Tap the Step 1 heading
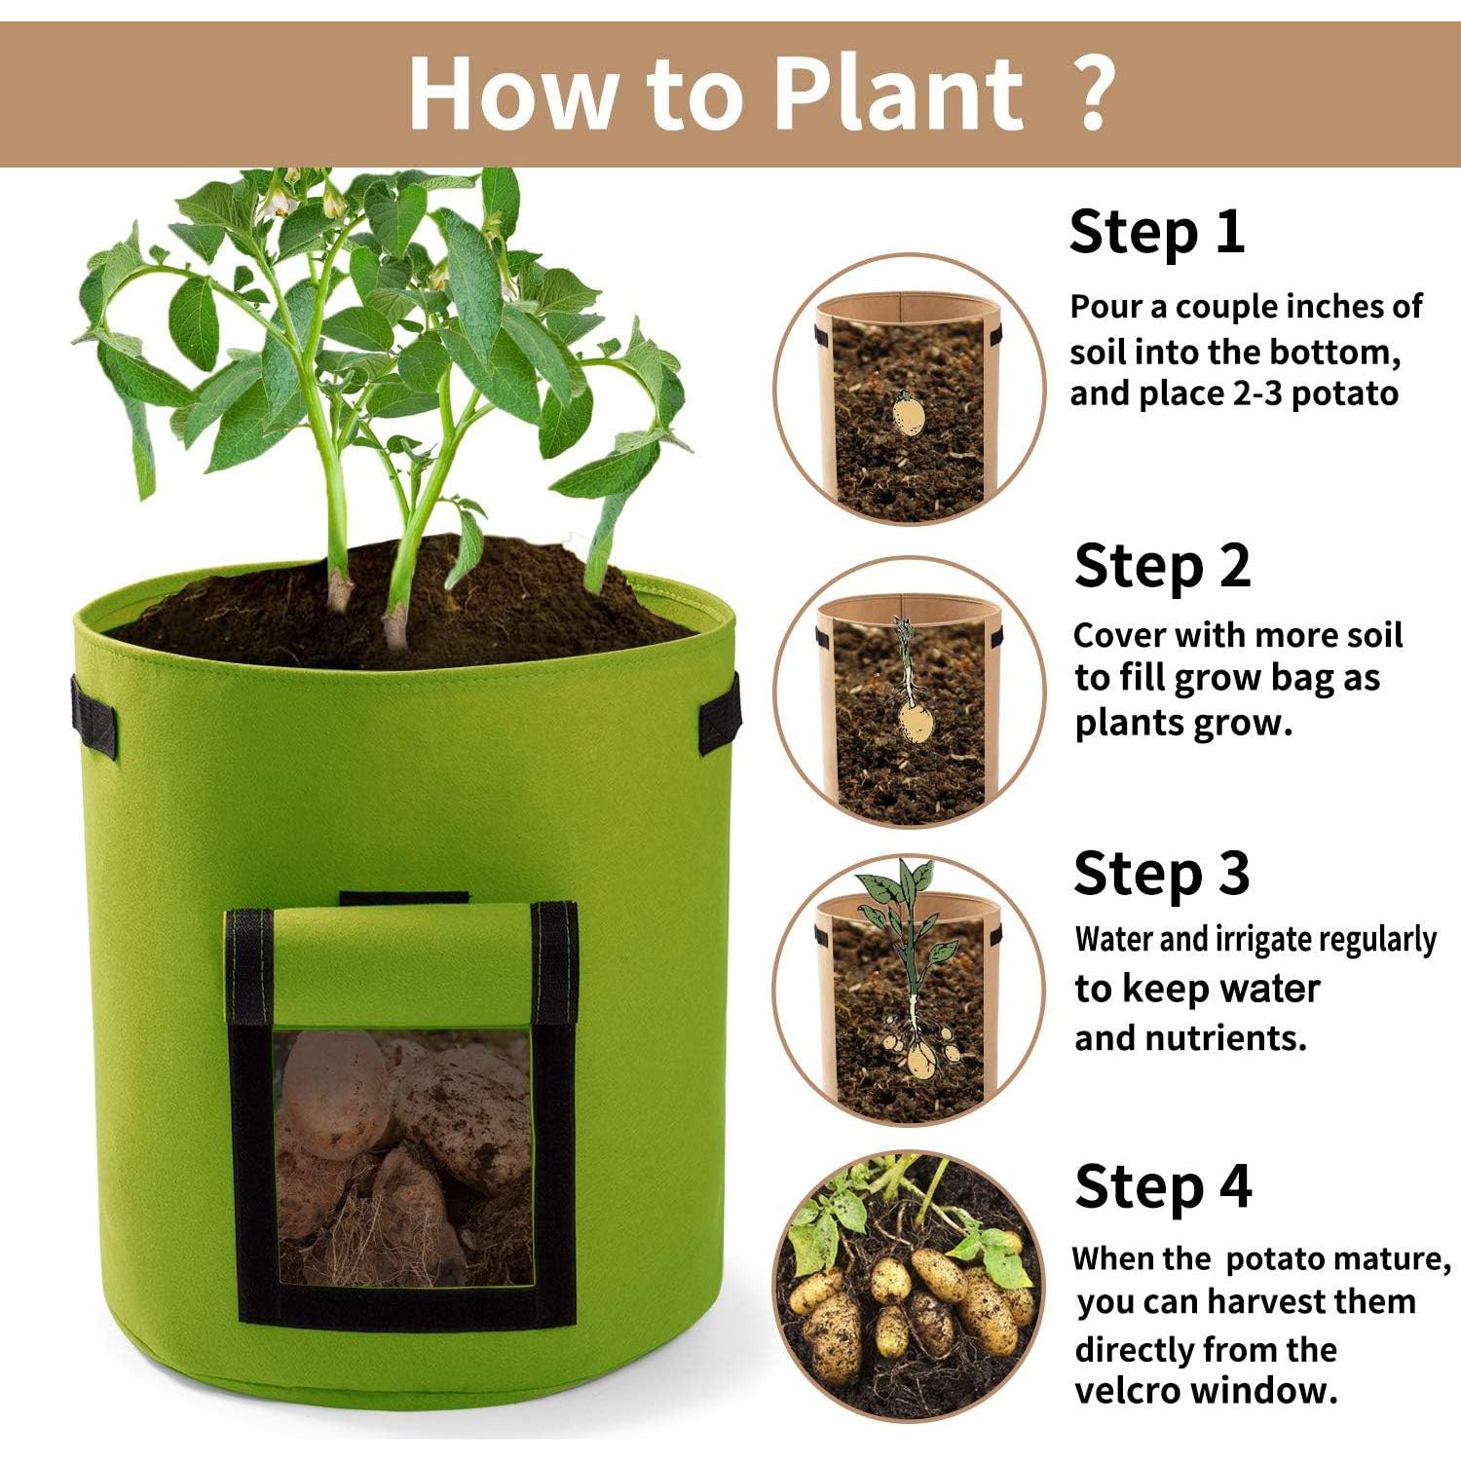tap(1156, 233)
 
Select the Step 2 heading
tap(1161, 567)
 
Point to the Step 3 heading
tap(1160, 874)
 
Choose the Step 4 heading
tap(1162, 1187)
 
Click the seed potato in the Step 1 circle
tap(909, 414)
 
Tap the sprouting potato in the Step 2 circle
tap(914, 716)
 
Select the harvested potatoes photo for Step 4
tap(908, 1286)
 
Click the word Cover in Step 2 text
tap(1118, 635)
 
